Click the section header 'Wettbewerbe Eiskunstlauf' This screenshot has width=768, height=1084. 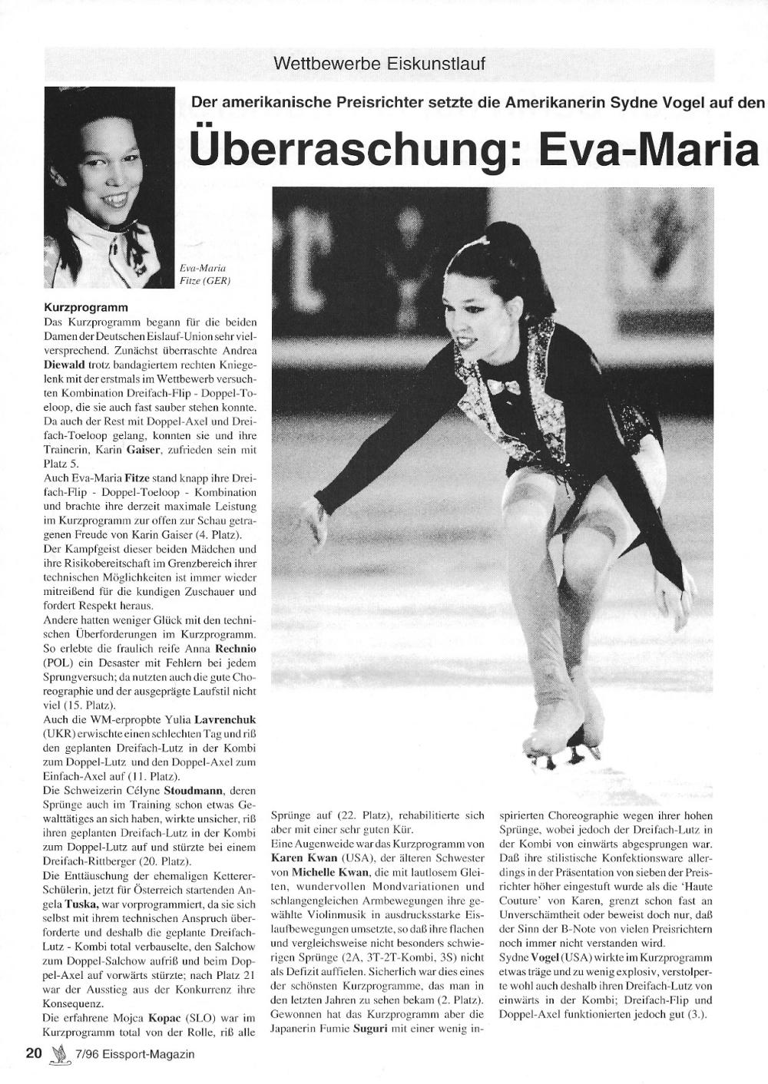[x=379, y=64]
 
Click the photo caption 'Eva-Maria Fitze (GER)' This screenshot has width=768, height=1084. [x=204, y=274]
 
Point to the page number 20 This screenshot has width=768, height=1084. [x=33, y=1054]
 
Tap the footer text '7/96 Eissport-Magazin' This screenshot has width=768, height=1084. [x=131, y=1054]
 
